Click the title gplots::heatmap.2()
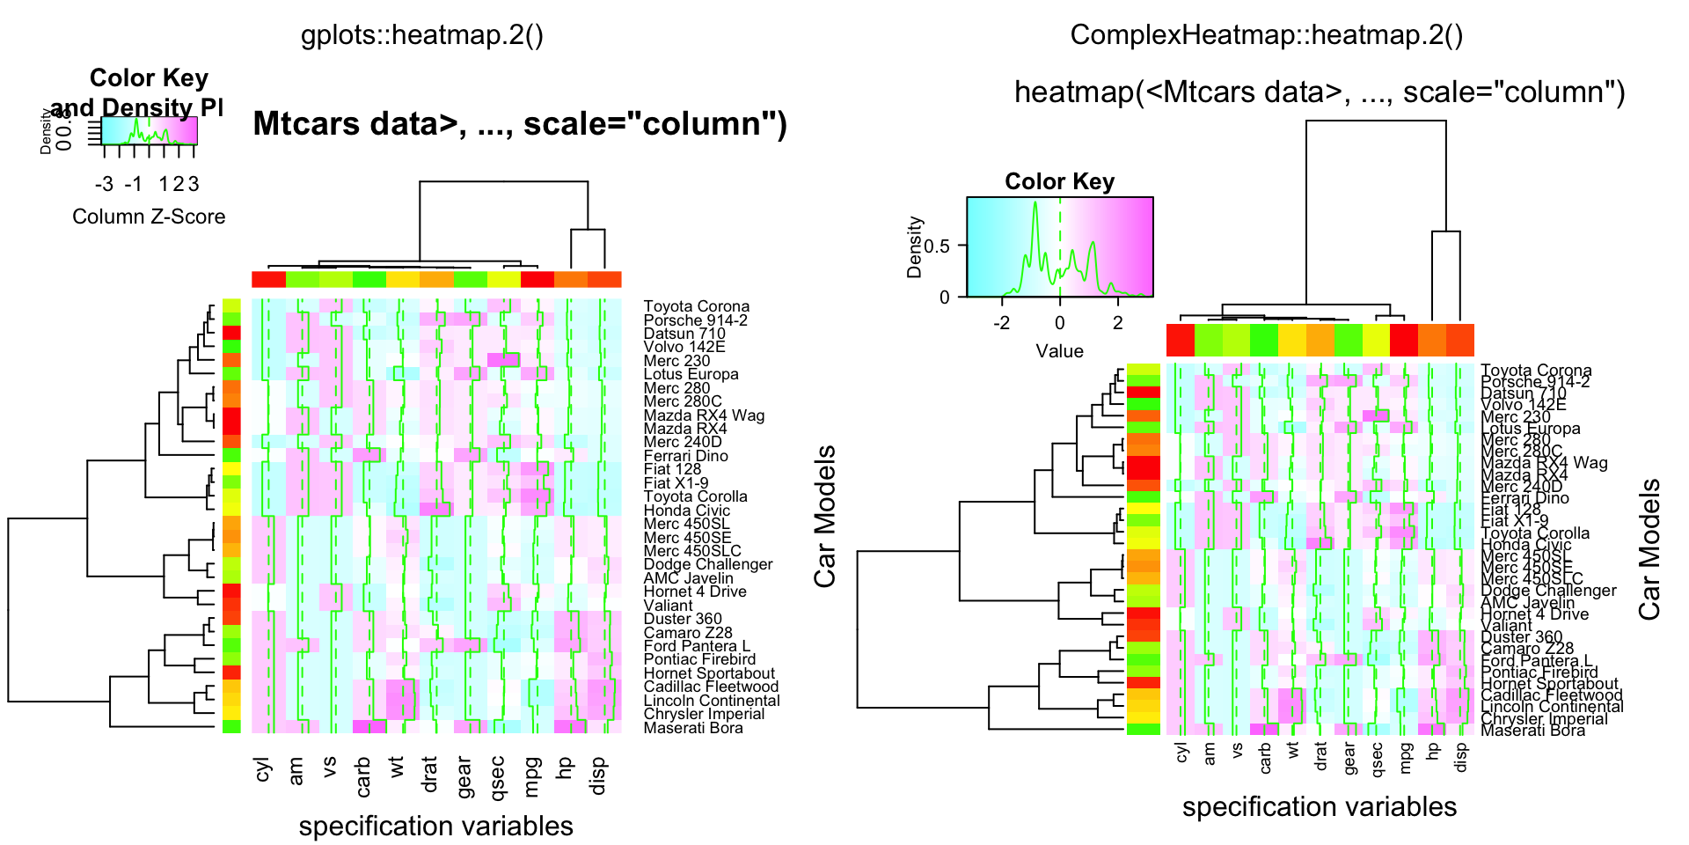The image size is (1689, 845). (x=421, y=35)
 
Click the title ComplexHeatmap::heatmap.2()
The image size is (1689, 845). (x=1266, y=35)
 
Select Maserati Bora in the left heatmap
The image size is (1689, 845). (x=693, y=728)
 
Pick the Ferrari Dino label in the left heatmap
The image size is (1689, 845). (x=685, y=456)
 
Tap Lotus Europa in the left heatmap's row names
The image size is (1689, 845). (x=691, y=374)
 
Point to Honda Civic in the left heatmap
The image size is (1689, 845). (x=686, y=511)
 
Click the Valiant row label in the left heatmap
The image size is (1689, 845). (x=668, y=606)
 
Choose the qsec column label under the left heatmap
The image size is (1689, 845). (x=497, y=777)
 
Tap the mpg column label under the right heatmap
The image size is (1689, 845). (x=1406, y=758)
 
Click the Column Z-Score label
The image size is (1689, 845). (x=149, y=217)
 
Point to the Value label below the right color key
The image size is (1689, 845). (x=1059, y=351)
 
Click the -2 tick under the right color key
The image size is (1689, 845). (x=1001, y=322)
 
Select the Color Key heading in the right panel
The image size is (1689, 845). (x=1059, y=181)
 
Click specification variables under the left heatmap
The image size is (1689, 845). (x=435, y=826)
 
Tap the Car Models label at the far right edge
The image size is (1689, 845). (x=1649, y=549)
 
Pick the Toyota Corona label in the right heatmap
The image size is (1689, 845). (x=1536, y=371)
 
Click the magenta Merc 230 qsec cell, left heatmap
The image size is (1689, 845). (x=503, y=360)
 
